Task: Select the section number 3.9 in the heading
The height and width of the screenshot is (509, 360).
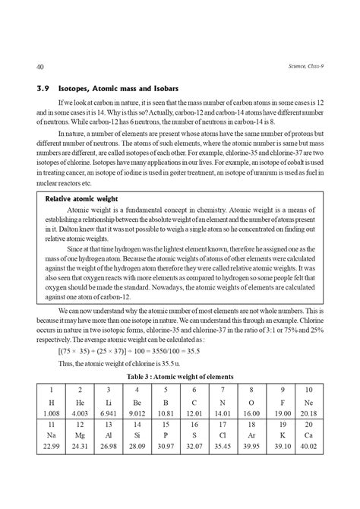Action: (33, 90)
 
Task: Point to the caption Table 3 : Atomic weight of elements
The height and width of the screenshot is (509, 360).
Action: (179, 377)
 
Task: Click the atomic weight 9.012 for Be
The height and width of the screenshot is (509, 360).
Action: (144, 414)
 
